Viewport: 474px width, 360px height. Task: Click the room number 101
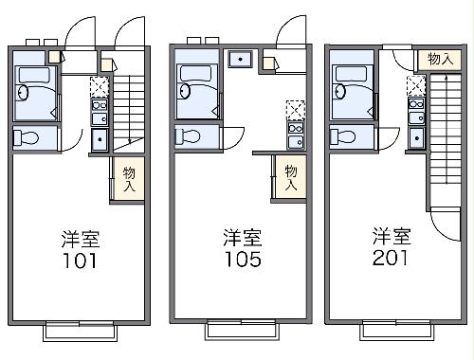(81, 260)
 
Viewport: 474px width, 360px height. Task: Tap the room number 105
(242, 260)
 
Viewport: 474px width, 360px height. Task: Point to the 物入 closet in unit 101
(128, 178)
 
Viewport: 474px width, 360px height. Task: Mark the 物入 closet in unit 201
(439, 59)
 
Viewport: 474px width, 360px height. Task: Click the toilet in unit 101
(27, 138)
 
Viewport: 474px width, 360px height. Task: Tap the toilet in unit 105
(188, 135)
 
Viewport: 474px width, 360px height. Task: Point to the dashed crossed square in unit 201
(415, 86)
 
